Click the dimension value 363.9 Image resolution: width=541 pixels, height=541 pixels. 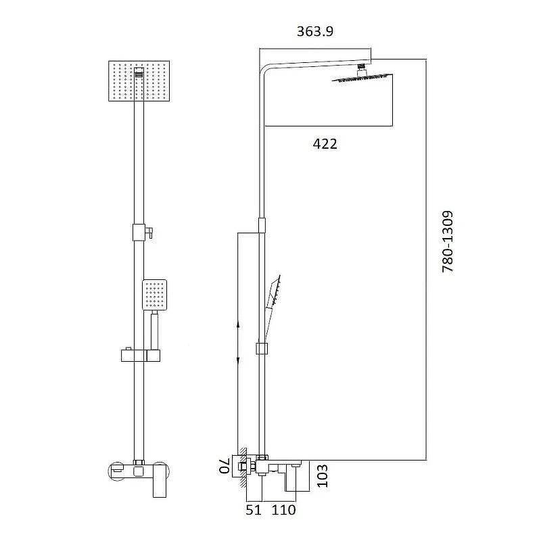point(315,31)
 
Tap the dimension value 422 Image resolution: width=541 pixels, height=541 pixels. point(325,143)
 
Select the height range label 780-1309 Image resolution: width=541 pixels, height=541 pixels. point(448,242)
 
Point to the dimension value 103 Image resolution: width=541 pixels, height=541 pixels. point(323,476)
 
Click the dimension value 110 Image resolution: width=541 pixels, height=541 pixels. point(283,510)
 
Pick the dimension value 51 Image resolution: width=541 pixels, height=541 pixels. point(254,510)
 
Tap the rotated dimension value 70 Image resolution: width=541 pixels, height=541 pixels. point(224,466)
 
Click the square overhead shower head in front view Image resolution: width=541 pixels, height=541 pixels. point(139,81)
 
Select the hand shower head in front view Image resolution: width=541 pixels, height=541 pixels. point(155,295)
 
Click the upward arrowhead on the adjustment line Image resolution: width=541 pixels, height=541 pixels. point(238,326)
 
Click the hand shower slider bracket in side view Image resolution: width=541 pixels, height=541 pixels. point(262,348)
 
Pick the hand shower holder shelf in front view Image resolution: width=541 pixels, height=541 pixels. point(141,356)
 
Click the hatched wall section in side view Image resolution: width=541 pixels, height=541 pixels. point(243,467)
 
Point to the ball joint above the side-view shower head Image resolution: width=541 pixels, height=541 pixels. point(361,68)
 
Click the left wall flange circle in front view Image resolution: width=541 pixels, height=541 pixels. point(115,471)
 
